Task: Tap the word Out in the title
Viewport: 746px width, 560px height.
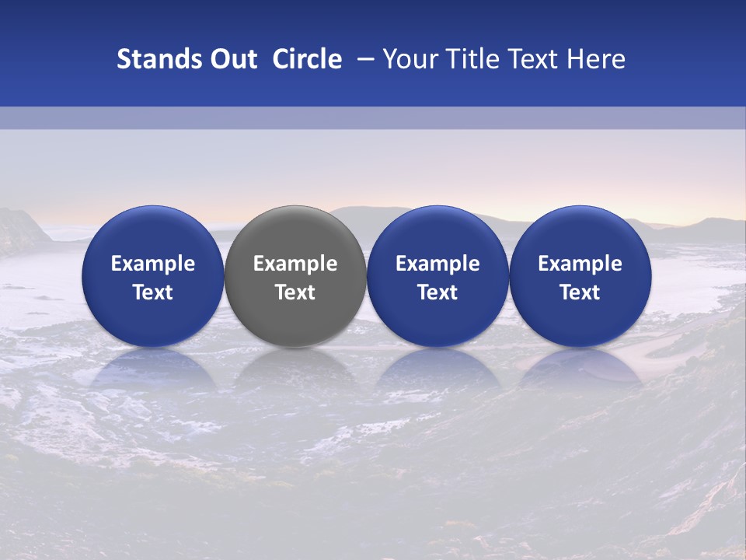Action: (232, 59)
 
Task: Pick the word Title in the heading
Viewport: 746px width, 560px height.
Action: (472, 59)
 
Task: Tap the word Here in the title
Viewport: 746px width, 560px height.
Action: (597, 59)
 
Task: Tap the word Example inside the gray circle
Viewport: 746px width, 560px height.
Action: (295, 264)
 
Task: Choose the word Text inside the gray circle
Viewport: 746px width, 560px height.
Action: (295, 292)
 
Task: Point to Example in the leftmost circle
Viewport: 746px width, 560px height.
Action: (152, 264)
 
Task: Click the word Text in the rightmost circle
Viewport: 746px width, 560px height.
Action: (580, 292)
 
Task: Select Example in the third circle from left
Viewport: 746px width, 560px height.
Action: (437, 264)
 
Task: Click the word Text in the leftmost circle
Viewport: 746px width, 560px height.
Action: (152, 292)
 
